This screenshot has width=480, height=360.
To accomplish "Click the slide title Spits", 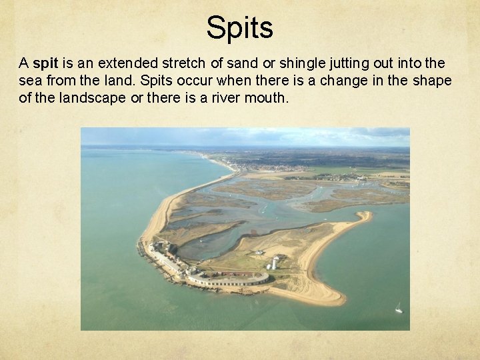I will click(x=239, y=28).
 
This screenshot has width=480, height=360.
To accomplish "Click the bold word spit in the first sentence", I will click(x=45, y=65).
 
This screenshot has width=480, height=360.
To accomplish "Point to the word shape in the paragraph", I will click(x=434, y=81).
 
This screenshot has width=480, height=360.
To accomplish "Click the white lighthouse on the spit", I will click(x=275, y=262).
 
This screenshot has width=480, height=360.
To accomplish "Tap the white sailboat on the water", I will click(x=399, y=307).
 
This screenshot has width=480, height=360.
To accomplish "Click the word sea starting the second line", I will click(x=29, y=81).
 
